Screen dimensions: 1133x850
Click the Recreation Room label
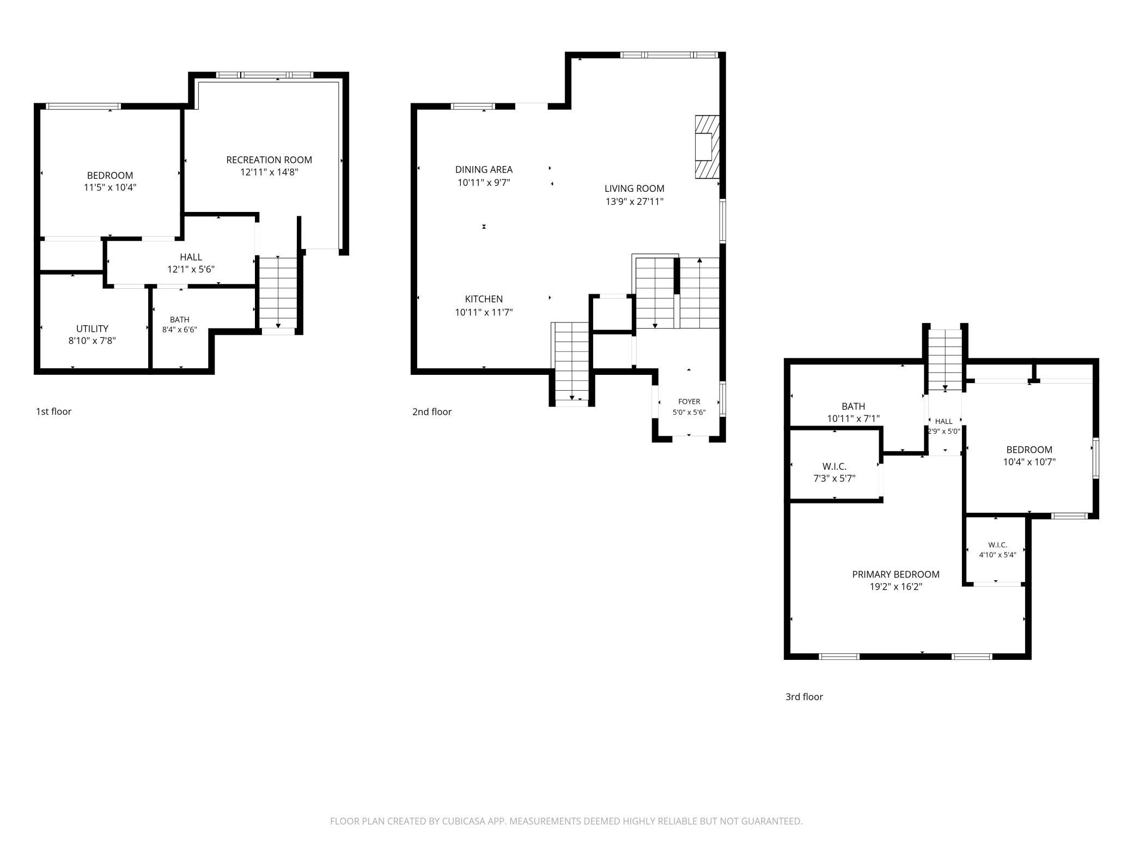pyautogui.click(x=269, y=160)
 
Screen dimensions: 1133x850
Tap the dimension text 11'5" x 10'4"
pyautogui.click(x=110, y=187)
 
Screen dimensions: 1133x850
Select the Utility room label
pyautogui.click(x=92, y=329)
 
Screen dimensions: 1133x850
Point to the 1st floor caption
pyautogui.click(x=53, y=411)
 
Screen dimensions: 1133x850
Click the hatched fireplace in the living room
pyautogui.click(x=707, y=147)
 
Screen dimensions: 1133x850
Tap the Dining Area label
pyautogui.click(x=484, y=169)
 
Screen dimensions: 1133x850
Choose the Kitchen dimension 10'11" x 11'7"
pyautogui.click(x=484, y=312)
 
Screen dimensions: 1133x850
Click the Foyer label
pyautogui.click(x=689, y=402)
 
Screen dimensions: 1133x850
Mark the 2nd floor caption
pyautogui.click(x=432, y=412)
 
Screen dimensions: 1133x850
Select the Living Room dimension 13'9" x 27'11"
pyautogui.click(x=635, y=202)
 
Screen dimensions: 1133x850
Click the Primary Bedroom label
pyautogui.click(x=896, y=574)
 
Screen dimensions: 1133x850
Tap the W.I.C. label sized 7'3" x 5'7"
pyautogui.click(x=834, y=466)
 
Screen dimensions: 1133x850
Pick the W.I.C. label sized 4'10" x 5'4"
pyautogui.click(x=997, y=545)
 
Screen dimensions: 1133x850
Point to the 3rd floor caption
pyautogui.click(x=804, y=697)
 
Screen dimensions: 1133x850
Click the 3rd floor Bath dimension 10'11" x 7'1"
pyautogui.click(x=853, y=418)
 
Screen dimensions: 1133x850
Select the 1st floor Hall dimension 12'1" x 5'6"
pyautogui.click(x=191, y=269)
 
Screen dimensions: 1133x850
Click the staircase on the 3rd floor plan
pyautogui.click(x=945, y=360)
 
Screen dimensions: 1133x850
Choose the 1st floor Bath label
pyautogui.click(x=180, y=320)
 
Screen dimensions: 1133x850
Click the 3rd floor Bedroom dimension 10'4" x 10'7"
pyautogui.click(x=1029, y=462)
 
